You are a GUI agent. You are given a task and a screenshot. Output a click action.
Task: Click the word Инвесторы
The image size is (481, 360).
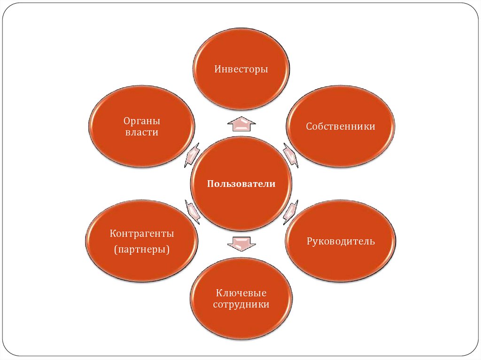(241, 69)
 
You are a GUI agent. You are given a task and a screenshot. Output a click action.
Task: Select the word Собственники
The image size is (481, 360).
(341, 126)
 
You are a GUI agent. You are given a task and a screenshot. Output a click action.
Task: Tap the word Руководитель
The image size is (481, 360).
(341, 241)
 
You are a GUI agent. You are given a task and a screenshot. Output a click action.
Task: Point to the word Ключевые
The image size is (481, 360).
(241, 293)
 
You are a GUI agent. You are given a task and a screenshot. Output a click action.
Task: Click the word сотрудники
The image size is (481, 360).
(241, 305)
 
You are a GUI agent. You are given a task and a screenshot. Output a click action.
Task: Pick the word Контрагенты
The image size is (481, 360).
(142, 233)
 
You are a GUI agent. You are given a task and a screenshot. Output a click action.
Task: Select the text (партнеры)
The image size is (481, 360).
(141, 249)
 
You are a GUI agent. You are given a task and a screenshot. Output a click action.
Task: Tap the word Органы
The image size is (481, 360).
(141, 121)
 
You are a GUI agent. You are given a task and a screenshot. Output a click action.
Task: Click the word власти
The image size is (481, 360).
(141, 132)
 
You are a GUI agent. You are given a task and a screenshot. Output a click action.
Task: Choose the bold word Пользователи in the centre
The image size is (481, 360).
(241, 184)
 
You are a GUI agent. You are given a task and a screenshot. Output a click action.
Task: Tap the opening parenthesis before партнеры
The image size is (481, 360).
(116, 249)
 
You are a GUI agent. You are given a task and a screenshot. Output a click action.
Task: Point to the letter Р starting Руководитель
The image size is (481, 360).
(309, 241)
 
